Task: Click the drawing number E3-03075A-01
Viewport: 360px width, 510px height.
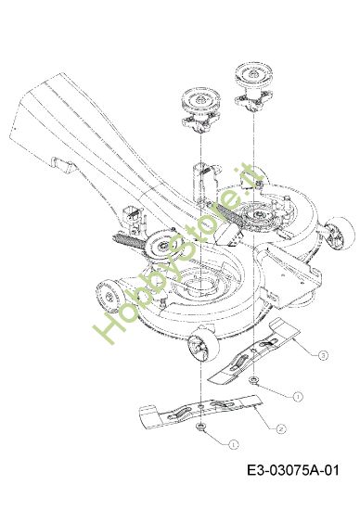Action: [x=293, y=470]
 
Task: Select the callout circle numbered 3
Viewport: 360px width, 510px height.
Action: [x=323, y=355]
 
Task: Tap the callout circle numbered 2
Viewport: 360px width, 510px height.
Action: [x=281, y=429]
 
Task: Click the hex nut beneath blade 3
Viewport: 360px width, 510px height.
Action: [x=253, y=379]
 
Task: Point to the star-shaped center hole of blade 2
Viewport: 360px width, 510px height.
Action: [x=200, y=407]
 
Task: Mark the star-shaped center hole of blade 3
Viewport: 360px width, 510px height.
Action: [x=253, y=351]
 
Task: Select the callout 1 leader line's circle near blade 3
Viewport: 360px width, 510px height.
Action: [x=297, y=397]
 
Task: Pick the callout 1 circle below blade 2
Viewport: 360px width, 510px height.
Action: [x=233, y=444]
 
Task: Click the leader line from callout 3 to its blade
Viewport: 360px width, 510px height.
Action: [x=305, y=346]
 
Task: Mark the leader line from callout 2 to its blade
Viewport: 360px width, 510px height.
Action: [x=265, y=416]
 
